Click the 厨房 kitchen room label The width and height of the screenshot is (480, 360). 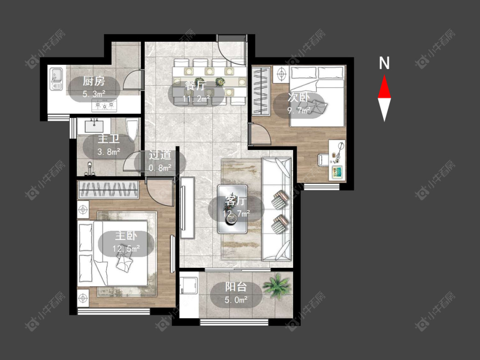click(x=94, y=81)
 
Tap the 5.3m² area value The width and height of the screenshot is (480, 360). click(x=94, y=94)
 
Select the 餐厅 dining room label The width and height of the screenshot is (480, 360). click(x=196, y=85)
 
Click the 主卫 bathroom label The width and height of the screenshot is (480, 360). click(x=109, y=139)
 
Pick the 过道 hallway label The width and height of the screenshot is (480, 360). click(x=160, y=155)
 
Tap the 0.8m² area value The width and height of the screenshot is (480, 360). click(x=160, y=168)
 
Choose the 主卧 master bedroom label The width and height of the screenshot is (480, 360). click(x=126, y=236)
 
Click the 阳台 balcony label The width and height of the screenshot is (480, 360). click(x=236, y=287)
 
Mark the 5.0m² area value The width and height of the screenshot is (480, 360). click(x=236, y=300)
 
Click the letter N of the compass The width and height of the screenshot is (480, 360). click(x=384, y=63)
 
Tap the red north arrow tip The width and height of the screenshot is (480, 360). click(x=384, y=75)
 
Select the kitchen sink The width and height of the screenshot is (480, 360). click(x=56, y=79)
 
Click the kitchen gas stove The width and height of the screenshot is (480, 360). click(x=104, y=105)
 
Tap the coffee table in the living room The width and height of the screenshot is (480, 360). click(x=233, y=209)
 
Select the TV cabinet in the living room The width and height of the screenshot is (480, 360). click(x=187, y=208)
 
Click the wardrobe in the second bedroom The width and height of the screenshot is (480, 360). click(x=261, y=91)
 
